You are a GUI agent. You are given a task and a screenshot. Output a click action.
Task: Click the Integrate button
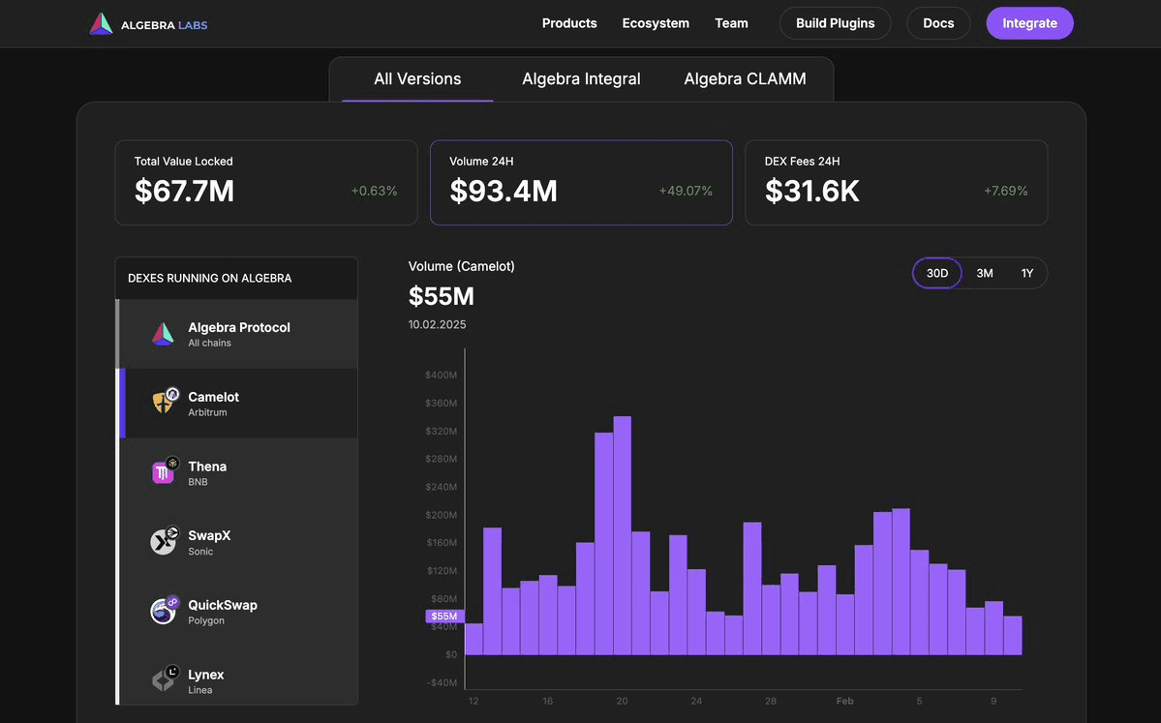(1029, 23)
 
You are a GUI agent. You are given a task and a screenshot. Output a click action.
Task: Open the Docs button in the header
(938, 23)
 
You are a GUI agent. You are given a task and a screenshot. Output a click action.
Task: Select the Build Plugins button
(835, 23)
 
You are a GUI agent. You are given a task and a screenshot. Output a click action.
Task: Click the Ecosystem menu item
(656, 23)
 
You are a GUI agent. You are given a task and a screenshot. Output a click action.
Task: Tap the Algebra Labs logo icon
(101, 24)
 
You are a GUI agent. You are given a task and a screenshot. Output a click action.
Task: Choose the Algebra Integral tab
(581, 79)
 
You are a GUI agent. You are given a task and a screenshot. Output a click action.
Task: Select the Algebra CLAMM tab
(745, 79)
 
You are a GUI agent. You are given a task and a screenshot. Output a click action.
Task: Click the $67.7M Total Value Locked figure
(184, 191)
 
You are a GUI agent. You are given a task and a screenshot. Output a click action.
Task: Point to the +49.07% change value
(686, 192)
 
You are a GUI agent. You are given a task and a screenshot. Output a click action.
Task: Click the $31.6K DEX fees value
(811, 191)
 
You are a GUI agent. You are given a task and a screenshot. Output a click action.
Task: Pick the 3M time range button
(984, 274)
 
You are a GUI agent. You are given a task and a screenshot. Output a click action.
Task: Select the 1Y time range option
(1026, 274)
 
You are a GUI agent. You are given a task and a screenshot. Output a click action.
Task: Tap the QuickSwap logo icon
(164, 611)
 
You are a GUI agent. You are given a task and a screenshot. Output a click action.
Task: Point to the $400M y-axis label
(441, 376)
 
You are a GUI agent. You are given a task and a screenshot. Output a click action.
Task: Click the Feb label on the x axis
(844, 701)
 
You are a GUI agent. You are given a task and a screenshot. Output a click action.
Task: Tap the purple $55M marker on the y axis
(444, 617)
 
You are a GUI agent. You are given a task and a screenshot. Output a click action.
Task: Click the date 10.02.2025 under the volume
(437, 325)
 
